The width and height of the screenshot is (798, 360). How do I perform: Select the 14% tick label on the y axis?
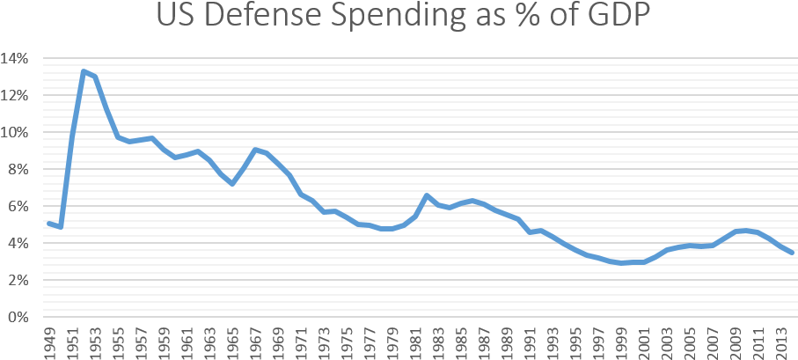(x=18, y=58)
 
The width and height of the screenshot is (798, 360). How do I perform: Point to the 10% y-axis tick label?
(x=18, y=132)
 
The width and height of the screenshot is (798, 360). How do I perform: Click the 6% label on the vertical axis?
(x=20, y=206)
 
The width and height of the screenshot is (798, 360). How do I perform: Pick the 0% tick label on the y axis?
(x=20, y=317)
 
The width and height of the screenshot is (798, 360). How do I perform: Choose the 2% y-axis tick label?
(x=20, y=280)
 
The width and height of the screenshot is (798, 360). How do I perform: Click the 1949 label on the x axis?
(x=50, y=342)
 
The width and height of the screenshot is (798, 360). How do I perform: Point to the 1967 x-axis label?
(x=256, y=342)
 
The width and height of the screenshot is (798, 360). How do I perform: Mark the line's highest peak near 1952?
(x=84, y=71)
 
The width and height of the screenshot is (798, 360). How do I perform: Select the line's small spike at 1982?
(x=427, y=195)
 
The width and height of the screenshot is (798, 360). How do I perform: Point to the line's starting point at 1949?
(x=50, y=224)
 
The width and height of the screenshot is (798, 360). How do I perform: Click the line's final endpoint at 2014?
(x=794, y=253)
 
